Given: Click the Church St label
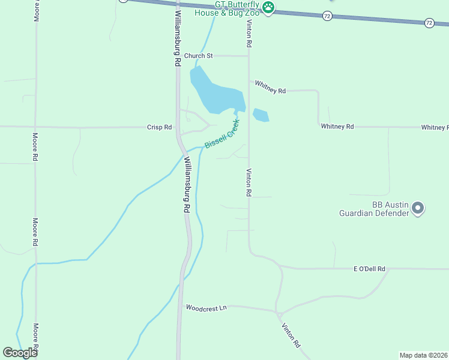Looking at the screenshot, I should (x=198, y=56).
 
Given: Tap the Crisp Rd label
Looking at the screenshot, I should (x=160, y=127).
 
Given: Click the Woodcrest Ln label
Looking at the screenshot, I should (x=206, y=308).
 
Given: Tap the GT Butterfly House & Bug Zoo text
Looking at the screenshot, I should (x=227, y=8).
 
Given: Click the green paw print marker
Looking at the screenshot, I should (x=268, y=8).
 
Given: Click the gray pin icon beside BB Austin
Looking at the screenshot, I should (x=418, y=209).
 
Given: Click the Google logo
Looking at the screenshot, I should (x=20, y=353).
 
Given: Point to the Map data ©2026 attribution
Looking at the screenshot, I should (x=423, y=355).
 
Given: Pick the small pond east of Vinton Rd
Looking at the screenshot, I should (x=261, y=115).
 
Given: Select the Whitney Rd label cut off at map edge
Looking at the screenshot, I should (x=435, y=127).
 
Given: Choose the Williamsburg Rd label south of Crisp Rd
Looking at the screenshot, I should (x=187, y=184).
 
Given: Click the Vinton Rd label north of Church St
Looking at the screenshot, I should (x=249, y=34).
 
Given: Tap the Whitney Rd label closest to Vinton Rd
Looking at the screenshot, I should (x=270, y=87).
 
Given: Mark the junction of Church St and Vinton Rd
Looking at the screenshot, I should (x=249, y=56).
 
